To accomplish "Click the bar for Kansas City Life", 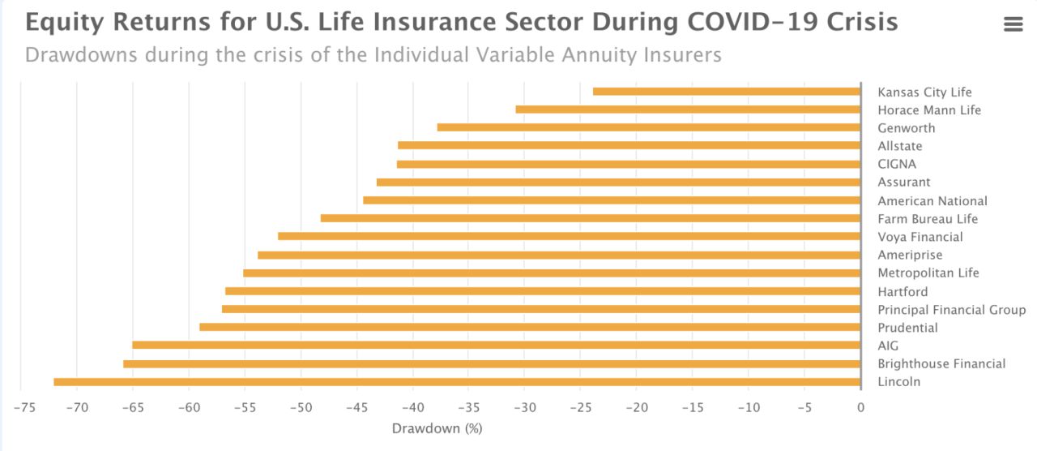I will pyautogui.click(x=727, y=92).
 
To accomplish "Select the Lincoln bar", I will pyautogui.click(x=457, y=382).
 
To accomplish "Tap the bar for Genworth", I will pyautogui.click(x=648, y=127).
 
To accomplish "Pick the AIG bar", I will pyautogui.click(x=496, y=346).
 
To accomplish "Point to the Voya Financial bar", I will pyautogui.click(x=569, y=236).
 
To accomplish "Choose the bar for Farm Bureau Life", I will pyautogui.click(x=590, y=218).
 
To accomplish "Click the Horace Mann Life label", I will pyautogui.click(x=929, y=110).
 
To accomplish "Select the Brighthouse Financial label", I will pyautogui.click(x=941, y=364).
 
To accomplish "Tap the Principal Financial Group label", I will pyautogui.click(x=951, y=310).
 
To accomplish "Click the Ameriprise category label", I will pyautogui.click(x=910, y=256).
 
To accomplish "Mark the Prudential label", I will pyautogui.click(x=907, y=328).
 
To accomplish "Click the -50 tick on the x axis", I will pyautogui.click(x=300, y=406).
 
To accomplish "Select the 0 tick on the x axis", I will pyautogui.click(x=860, y=406).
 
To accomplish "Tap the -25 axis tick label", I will pyautogui.click(x=580, y=406).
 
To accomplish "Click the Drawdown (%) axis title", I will pyautogui.click(x=437, y=428).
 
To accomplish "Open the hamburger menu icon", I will pyautogui.click(x=1014, y=24).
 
